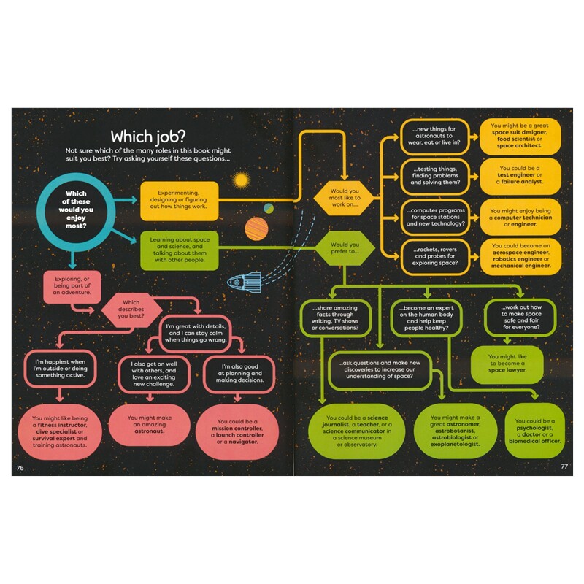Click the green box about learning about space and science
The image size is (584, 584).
point(179,249)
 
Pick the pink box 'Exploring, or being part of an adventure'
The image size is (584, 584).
point(71,287)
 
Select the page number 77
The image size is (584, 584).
point(564,466)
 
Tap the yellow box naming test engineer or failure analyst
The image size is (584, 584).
point(520,176)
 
